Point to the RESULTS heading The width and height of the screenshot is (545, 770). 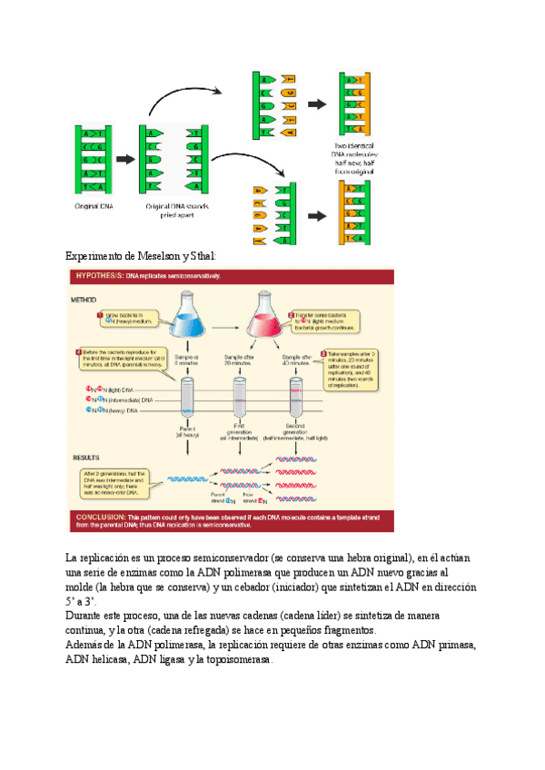coord(84,457)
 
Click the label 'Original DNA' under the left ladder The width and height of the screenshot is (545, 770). coord(94,206)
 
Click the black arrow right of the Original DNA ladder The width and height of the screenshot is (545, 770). coord(124,158)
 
